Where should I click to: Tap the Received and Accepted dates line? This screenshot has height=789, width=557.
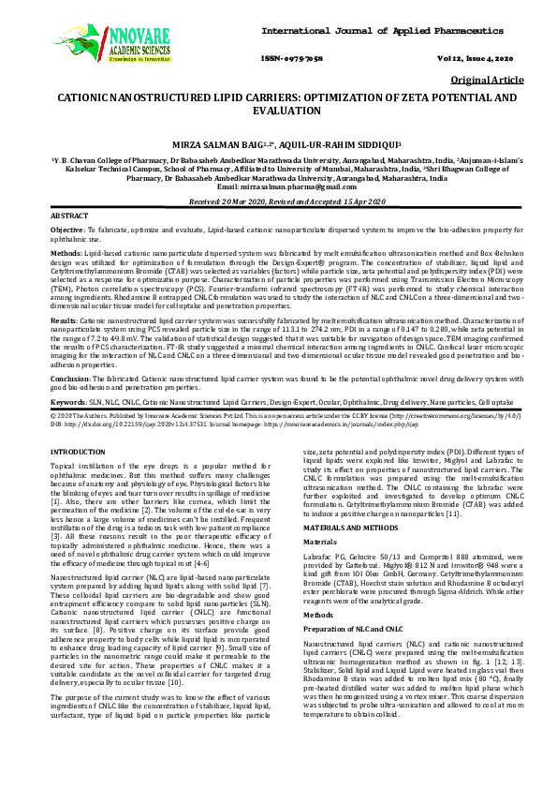coord(278,201)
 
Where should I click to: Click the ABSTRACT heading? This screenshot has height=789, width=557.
coord(70,216)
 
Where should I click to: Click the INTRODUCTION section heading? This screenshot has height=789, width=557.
coord(77,452)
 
